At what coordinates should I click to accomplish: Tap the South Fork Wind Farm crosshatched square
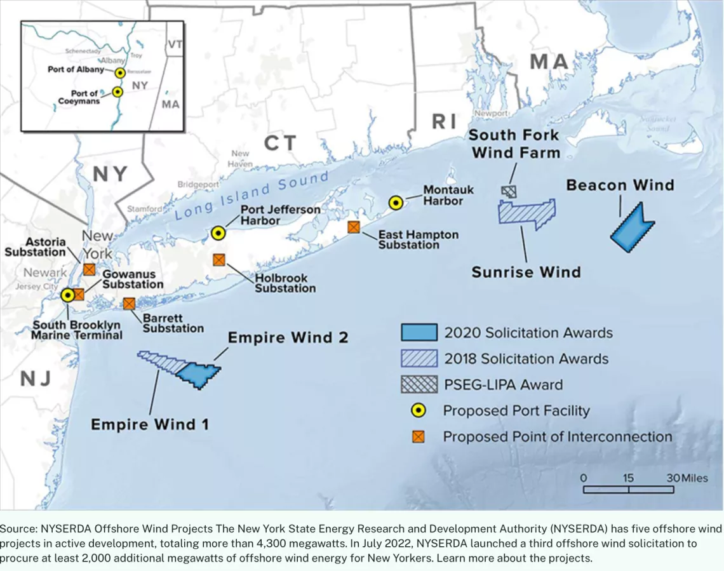pyautogui.click(x=509, y=191)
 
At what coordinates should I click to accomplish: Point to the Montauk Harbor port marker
pyautogui.click(x=396, y=203)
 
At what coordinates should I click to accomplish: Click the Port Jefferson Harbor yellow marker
pyautogui.click(x=218, y=233)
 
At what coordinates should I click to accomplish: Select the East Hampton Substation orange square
pyautogui.click(x=354, y=227)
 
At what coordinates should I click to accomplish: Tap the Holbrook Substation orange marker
pyautogui.click(x=219, y=260)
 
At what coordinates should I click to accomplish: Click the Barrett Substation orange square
pyautogui.click(x=130, y=304)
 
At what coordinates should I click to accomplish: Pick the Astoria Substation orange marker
pyautogui.click(x=90, y=270)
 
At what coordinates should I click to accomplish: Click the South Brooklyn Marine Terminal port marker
pyautogui.click(x=67, y=295)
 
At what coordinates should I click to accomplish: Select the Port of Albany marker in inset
pyautogui.click(x=119, y=72)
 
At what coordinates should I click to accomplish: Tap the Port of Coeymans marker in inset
pyautogui.click(x=117, y=92)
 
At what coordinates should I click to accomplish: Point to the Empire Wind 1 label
pyautogui.click(x=149, y=424)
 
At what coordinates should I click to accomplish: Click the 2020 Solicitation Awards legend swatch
pyautogui.click(x=419, y=332)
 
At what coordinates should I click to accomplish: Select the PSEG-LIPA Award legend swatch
pyautogui.click(x=419, y=384)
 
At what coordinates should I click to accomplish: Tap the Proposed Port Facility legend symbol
pyautogui.click(x=419, y=411)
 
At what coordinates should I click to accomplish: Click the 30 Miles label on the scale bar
pyautogui.click(x=686, y=478)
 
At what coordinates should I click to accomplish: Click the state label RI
pyautogui.click(x=444, y=121)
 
